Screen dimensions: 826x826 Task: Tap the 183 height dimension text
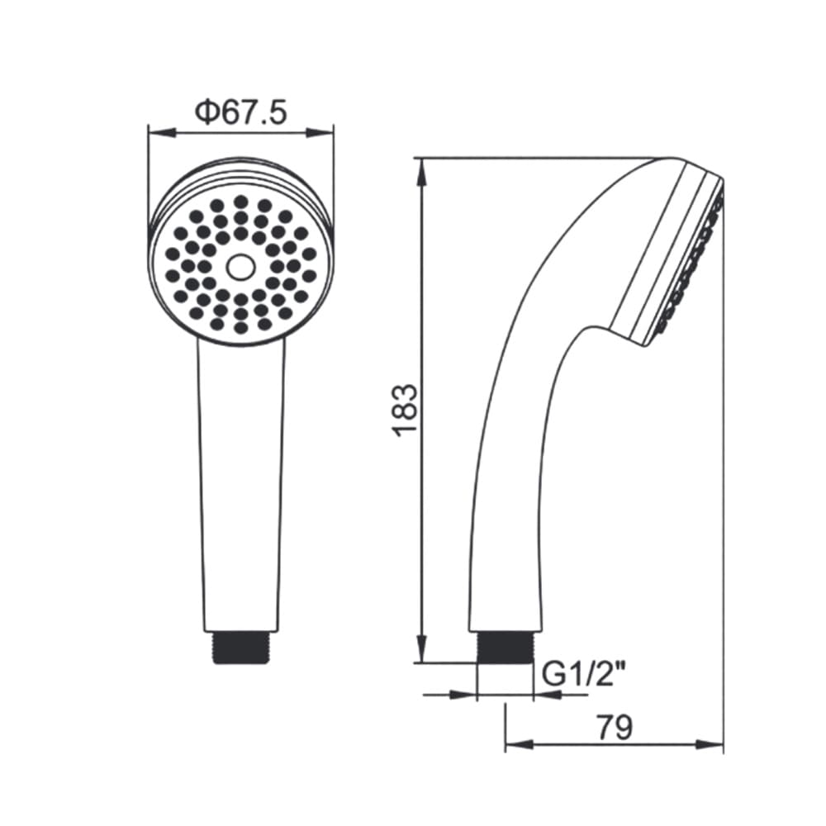coord(406,410)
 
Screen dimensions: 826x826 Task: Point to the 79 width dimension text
coord(615,728)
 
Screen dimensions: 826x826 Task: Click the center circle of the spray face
coord(240,267)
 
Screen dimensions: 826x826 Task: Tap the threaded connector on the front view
coord(241,647)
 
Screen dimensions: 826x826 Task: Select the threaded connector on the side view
coord(504,647)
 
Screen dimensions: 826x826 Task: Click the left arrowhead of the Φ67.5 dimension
coord(161,132)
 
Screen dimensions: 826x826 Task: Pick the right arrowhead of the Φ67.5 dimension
coord(320,132)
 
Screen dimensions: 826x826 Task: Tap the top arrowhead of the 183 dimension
coord(421,171)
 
